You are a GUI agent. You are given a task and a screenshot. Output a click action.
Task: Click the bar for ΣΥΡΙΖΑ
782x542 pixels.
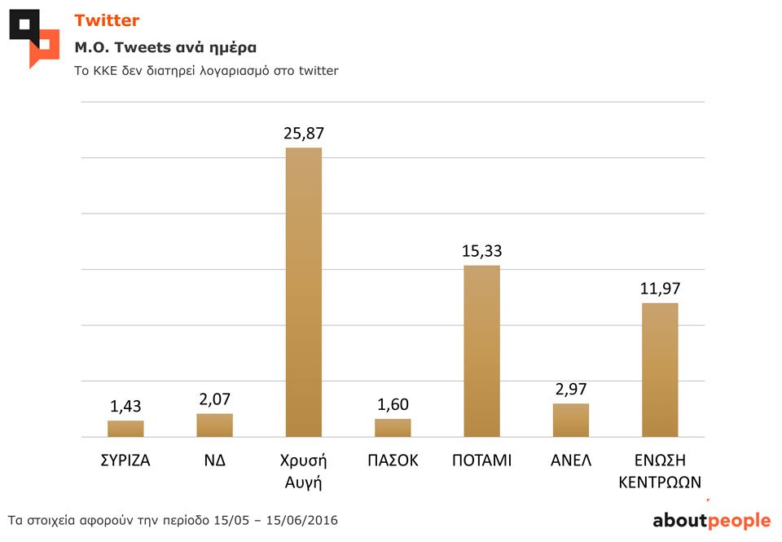[x=125, y=429]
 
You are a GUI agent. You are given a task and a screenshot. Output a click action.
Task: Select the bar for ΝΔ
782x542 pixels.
[x=214, y=425]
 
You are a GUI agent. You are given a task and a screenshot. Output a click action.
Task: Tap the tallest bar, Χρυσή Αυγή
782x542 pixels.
[x=304, y=292]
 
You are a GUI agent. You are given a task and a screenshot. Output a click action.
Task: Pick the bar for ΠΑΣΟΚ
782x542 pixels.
[x=393, y=428]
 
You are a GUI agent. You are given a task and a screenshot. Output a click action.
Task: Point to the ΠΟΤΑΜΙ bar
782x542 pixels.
[x=481, y=351]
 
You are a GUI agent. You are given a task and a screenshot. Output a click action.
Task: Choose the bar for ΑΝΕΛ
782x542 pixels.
[x=570, y=421]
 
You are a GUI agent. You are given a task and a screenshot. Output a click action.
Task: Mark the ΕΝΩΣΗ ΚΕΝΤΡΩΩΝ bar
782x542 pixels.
[x=660, y=370]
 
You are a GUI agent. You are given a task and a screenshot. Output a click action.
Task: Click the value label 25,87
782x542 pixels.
[x=304, y=133]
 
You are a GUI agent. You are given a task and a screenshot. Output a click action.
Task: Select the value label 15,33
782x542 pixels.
[x=481, y=251]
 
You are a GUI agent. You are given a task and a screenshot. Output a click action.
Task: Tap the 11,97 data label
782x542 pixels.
[x=660, y=289]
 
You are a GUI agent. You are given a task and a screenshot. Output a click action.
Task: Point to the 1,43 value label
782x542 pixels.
[x=125, y=406]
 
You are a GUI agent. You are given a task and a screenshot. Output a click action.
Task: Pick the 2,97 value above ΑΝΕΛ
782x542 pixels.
[x=570, y=389]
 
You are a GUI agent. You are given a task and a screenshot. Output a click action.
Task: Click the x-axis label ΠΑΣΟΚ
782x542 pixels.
[x=393, y=460]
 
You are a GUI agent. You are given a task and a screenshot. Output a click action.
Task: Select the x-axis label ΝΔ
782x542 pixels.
[x=214, y=460]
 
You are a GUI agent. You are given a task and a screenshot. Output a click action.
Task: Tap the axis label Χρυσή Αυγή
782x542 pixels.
[x=304, y=471]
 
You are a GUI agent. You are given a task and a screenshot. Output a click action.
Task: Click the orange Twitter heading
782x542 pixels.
[x=107, y=20]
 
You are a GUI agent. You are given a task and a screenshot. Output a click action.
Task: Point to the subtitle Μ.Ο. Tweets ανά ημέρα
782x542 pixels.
[x=165, y=46]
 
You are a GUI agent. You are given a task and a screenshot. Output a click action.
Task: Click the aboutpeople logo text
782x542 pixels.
[x=711, y=521]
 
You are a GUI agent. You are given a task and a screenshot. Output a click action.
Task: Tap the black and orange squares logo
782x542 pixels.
[x=34, y=37]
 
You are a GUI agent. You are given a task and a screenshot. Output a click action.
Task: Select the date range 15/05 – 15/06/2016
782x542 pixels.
[x=273, y=520]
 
